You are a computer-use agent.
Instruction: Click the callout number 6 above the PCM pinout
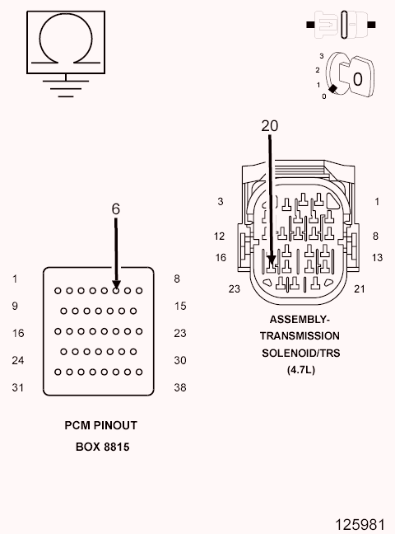pos(116,209)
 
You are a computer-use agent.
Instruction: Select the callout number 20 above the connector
pos(269,126)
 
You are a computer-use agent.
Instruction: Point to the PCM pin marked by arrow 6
pos(117,290)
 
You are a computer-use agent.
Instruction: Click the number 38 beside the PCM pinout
pos(180,386)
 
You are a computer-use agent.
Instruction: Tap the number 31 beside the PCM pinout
pos(18,386)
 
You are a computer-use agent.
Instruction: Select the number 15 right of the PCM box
pos(180,307)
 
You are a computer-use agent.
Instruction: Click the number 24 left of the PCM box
pos(18,360)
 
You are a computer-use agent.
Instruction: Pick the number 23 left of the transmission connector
pos(234,288)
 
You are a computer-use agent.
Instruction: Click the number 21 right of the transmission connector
pos(359,288)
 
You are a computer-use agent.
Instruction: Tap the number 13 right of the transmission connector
pos(377,258)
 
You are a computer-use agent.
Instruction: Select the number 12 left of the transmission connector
pos(220,237)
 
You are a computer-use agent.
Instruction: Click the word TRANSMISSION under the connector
pos(300,336)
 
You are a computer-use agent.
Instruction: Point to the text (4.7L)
pos(300,370)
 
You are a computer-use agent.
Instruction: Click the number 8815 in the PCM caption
pos(115,447)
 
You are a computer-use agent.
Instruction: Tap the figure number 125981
pos(360,523)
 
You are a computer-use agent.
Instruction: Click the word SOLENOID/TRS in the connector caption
pos(300,353)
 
